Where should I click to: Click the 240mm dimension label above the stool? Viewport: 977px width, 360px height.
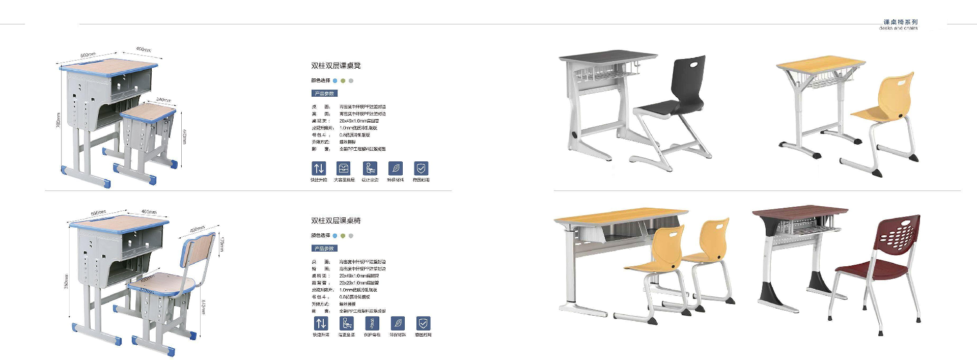coord(163,100)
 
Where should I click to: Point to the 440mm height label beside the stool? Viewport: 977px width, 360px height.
coord(184,136)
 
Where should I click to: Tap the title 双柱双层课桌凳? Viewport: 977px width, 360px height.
coord(336,66)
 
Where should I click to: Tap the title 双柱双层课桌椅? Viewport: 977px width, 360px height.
coord(336,220)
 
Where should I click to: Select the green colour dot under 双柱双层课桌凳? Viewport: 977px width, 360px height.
coord(343,80)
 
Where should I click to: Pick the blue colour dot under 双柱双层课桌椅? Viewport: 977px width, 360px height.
coord(335,236)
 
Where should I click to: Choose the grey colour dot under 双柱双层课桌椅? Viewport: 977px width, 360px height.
coord(351,236)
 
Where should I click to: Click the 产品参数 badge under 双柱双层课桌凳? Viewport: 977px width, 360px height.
coord(324,93)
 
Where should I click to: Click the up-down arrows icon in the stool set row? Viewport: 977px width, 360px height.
coord(319,169)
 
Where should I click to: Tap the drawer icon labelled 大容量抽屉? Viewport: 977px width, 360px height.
coord(344,169)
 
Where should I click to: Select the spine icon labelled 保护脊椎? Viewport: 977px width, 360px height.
coord(372,323)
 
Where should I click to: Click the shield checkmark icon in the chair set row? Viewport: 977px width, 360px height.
coord(423,323)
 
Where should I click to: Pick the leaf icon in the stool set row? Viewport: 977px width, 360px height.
coord(396,169)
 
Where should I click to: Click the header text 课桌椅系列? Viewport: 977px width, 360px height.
coord(900,22)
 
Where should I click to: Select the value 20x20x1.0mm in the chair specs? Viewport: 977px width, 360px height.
coord(359,283)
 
